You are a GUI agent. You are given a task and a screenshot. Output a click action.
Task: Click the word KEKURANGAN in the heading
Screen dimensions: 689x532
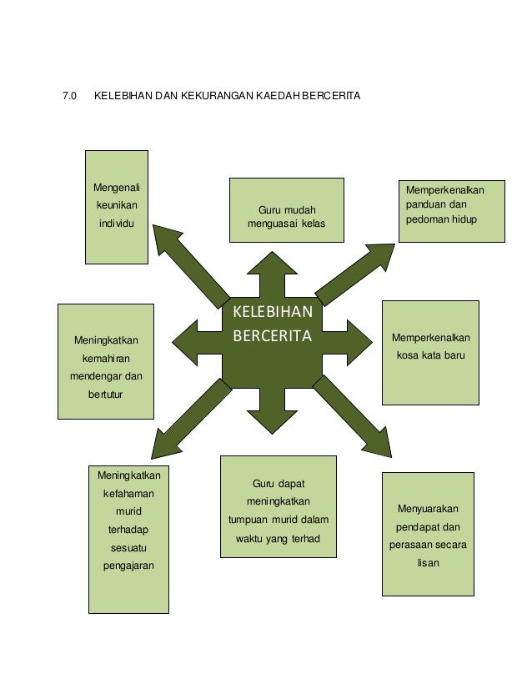(205, 97)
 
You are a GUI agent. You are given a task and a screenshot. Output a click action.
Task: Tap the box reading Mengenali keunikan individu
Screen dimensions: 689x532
(117, 206)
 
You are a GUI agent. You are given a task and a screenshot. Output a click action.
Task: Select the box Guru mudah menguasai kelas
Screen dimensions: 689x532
(286, 209)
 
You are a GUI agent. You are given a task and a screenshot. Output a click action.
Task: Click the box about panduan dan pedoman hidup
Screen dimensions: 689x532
(451, 211)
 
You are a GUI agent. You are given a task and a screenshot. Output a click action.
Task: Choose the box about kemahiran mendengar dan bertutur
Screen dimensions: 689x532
(105, 360)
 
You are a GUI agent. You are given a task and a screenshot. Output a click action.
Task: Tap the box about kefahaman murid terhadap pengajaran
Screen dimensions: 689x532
(128, 539)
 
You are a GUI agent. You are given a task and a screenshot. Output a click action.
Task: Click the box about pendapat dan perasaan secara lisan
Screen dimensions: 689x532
(428, 533)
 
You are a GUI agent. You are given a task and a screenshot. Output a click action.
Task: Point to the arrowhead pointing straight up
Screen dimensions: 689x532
(272, 264)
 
